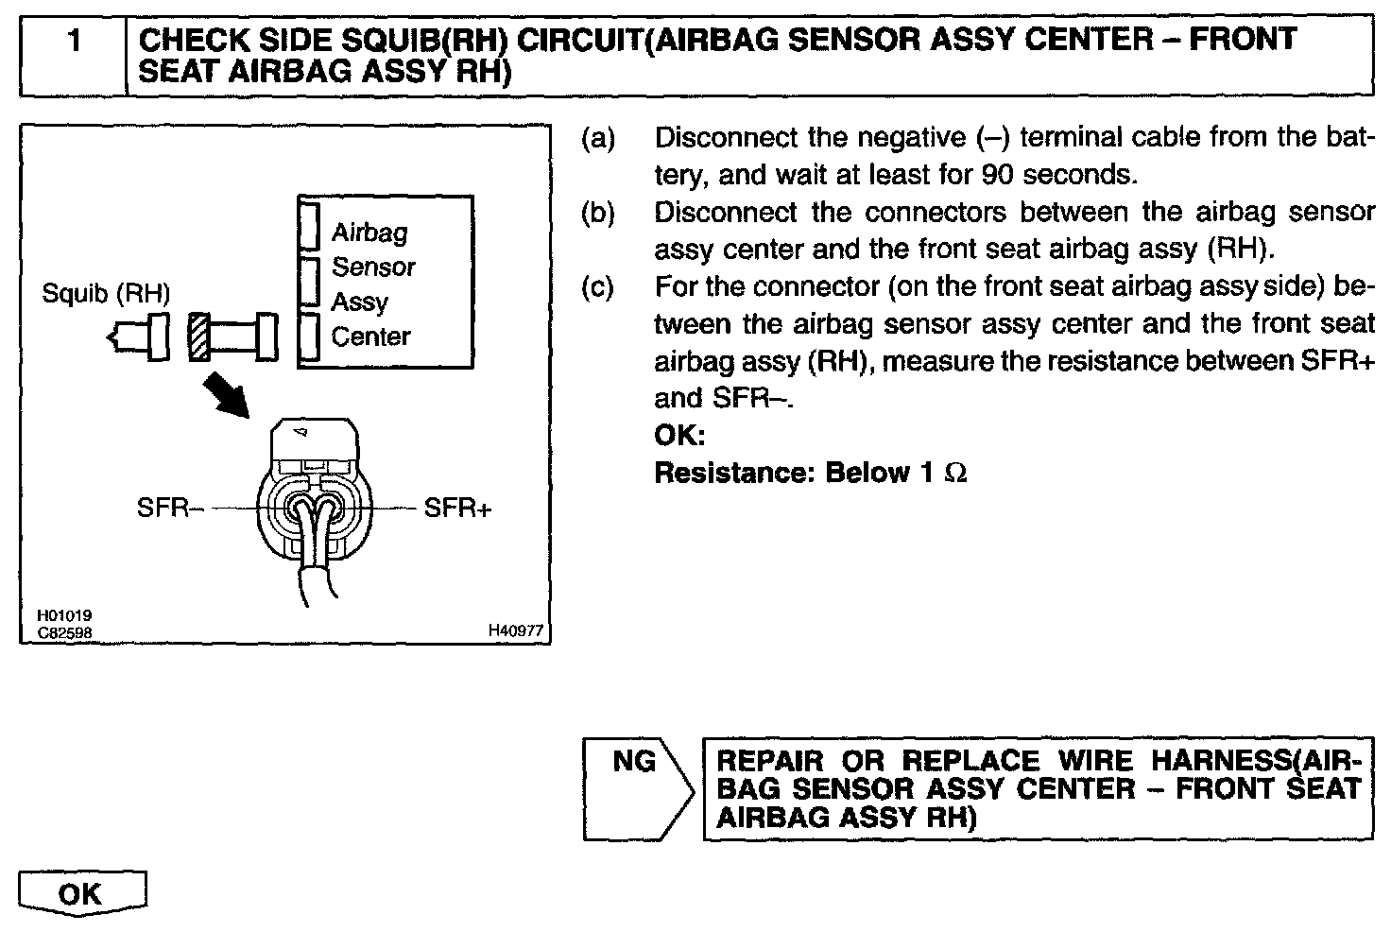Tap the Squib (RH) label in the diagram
point(106,294)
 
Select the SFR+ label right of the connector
point(458,509)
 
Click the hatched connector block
point(199,337)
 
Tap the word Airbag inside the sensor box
point(369,233)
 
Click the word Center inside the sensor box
point(371,337)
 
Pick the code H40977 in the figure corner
point(516,630)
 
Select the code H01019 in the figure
point(65,615)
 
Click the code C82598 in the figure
point(65,630)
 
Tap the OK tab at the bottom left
point(80,893)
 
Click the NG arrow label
point(635,762)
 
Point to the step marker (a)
point(597,139)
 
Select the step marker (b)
point(597,214)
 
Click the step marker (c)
point(597,287)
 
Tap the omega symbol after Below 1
point(955,473)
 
